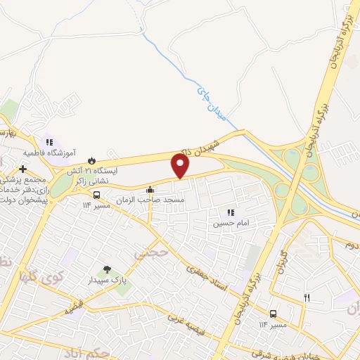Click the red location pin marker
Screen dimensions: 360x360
181,166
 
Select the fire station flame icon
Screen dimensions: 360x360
91,161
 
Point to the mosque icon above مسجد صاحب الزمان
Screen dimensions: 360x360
150,190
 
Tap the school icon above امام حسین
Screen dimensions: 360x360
230,213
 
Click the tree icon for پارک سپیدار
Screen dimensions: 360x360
107,269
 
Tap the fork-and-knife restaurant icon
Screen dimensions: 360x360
307,297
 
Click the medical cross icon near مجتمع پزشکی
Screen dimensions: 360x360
23,169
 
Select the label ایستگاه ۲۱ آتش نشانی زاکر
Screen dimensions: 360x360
93,175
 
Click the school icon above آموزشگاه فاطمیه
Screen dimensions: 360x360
49,142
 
